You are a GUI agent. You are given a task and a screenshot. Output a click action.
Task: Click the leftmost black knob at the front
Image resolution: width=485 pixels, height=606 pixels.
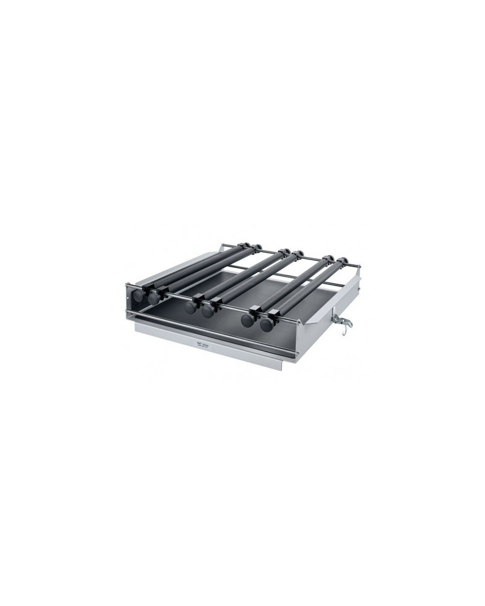141,296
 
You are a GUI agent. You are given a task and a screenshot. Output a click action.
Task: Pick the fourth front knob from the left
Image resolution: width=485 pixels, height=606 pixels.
208,311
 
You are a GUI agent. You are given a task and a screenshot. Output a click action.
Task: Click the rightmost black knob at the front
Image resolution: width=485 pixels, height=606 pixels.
267,324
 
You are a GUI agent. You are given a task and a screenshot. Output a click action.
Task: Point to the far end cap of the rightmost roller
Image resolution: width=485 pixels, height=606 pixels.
346,262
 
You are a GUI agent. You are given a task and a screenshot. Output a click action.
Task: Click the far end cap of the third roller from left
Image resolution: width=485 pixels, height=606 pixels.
283,251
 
